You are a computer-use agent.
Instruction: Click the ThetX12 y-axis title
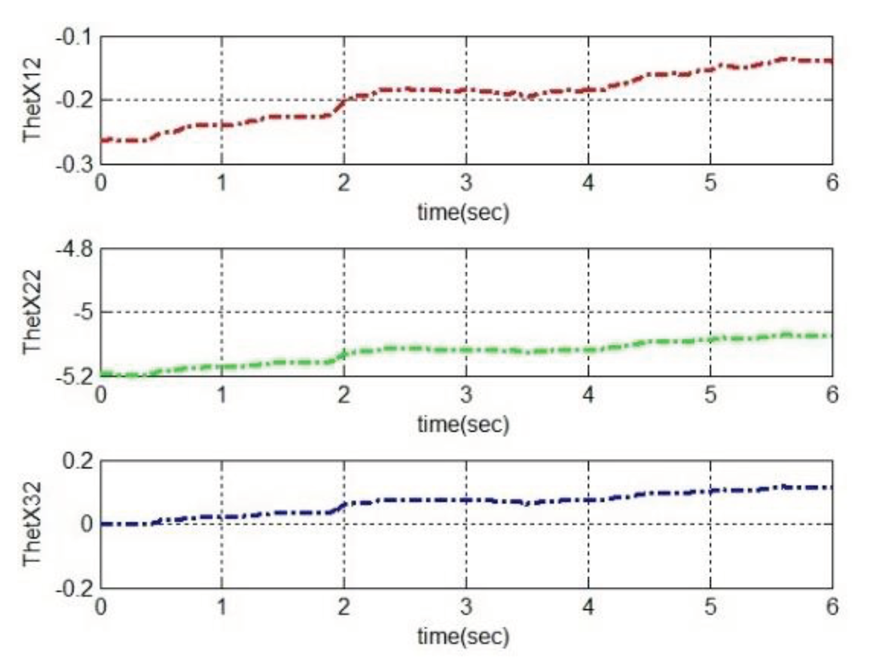[32, 101]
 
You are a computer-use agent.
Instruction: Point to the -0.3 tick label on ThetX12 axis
[74, 164]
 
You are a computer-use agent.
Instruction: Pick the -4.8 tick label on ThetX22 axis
[74, 249]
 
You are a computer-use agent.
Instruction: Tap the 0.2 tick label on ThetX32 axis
[78, 462]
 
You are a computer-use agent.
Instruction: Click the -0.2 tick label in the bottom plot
[74, 589]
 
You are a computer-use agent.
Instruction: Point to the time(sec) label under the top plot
[463, 212]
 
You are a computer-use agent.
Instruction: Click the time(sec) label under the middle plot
[463, 424]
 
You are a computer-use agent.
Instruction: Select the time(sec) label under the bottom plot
[463, 636]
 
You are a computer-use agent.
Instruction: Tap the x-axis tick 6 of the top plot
[832, 183]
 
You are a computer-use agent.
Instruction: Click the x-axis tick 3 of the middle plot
[466, 395]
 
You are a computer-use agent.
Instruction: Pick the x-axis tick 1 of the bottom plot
[222, 607]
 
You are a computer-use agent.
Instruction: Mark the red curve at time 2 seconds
[344, 101]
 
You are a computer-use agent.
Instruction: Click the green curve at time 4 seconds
[588, 351]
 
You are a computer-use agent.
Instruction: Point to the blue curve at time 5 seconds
[710, 491]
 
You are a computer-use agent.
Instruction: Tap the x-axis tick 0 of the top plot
[101, 183]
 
